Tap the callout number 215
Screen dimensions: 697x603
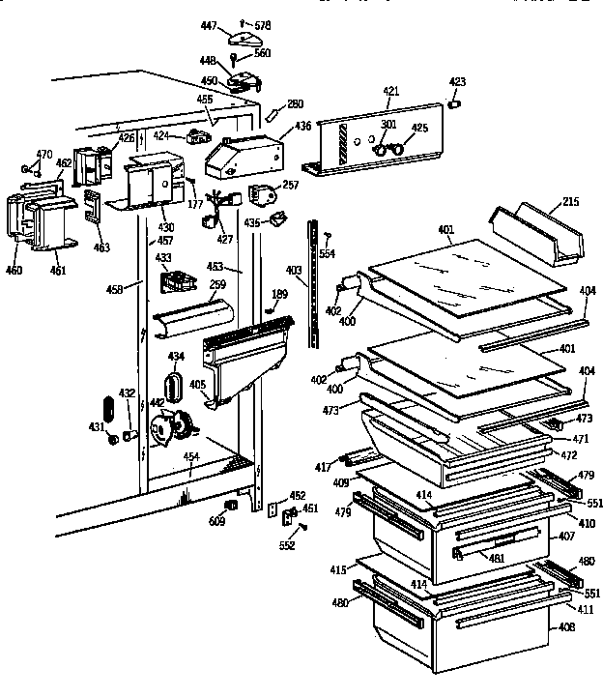570,202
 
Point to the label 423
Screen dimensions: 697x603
457,82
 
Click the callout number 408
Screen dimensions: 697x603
566,627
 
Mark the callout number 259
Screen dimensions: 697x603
217,286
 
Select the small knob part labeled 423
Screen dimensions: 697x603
457,102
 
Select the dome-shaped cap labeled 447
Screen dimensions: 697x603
245,38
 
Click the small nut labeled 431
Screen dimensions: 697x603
114,440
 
